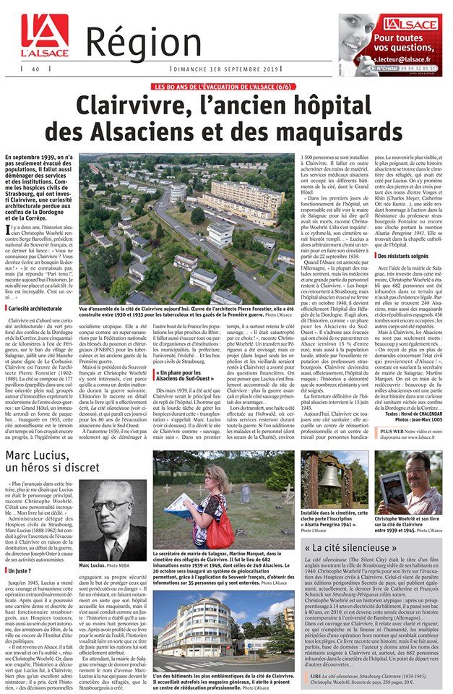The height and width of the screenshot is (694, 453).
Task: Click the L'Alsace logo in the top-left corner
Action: [x=44, y=36]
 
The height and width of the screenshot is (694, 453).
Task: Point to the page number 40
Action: [x=35, y=69]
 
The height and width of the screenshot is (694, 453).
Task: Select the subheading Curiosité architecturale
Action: [x=37, y=309]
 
